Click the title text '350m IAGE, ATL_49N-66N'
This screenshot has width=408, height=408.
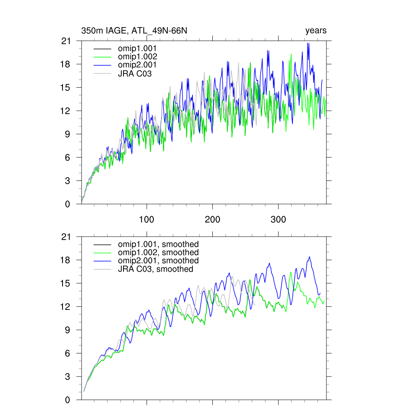pos(134,31)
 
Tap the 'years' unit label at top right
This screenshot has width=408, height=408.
pos(316,31)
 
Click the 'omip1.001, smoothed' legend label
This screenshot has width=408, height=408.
pos(158,244)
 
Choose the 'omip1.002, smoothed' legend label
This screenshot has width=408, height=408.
pos(158,253)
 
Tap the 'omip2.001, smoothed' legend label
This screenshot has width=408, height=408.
pos(158,261)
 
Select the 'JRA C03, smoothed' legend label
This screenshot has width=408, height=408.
pos(155,269)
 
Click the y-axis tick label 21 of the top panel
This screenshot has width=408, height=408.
pos(71,41)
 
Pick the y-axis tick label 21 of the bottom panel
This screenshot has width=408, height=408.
pos(71,237)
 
